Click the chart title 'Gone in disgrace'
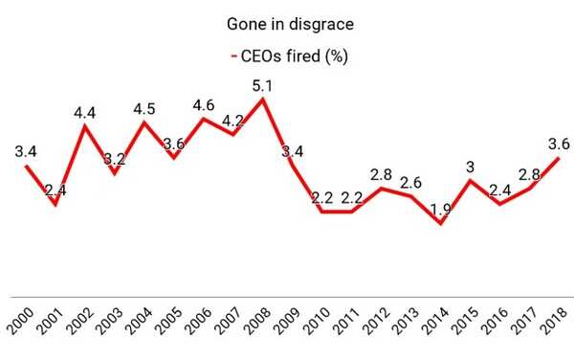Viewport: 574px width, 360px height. (286, 22)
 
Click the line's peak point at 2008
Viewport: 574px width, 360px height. (263, 99)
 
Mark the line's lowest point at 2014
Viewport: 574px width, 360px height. (440, 223)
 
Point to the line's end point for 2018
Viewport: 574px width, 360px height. (559, 157)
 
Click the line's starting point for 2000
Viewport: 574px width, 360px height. (26, 166)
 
